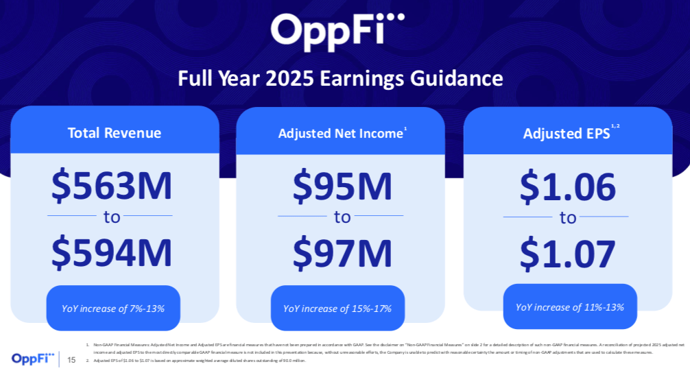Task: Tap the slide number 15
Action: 72,359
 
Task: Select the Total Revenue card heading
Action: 115,133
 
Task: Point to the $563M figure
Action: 112,186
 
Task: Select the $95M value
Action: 342,186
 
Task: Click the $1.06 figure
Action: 567,186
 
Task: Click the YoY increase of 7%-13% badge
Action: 112,308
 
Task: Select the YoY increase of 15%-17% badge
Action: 337,309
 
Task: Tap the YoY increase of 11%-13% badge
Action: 570,307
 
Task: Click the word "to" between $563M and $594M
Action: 112,217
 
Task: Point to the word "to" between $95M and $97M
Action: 342,218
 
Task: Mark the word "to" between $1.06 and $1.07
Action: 567,219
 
